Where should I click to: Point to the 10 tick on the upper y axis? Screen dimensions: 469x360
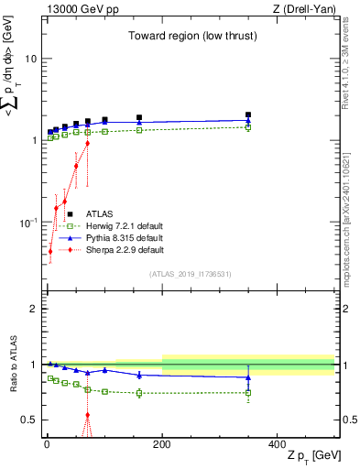[29, 59]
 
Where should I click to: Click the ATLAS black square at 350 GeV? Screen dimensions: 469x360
[248, 115]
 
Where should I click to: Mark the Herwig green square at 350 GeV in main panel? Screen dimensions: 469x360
[248, 127]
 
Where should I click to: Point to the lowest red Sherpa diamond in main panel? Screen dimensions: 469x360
[49, 251]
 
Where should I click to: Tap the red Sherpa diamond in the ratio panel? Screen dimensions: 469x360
[88, 415]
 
